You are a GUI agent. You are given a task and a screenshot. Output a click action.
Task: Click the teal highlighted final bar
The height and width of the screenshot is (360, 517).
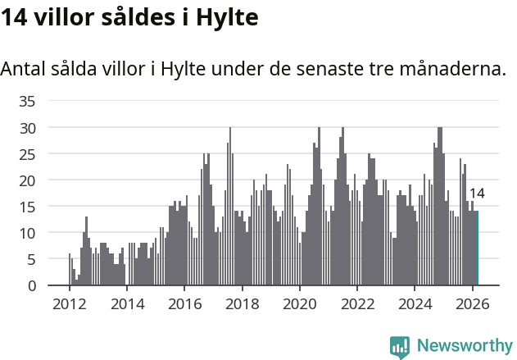[477, 248]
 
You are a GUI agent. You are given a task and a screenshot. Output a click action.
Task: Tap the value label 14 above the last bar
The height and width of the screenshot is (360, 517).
[477, 194]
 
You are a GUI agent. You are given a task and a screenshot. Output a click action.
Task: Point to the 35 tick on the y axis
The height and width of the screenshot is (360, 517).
[28, 102]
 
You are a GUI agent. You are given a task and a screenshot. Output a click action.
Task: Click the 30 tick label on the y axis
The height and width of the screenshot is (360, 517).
[28, 128]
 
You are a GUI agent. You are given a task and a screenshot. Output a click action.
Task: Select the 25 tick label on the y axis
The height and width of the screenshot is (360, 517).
[28, 154]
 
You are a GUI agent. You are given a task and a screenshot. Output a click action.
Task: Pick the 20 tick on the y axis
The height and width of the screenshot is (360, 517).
[28, 180]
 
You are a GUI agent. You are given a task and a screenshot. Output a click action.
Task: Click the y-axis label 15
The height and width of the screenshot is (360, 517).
[28, 207]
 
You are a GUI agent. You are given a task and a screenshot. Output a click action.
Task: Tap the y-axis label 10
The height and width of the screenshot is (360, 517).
[28, 233]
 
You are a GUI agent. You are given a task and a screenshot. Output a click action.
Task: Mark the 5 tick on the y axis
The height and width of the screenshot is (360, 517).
[31, 259]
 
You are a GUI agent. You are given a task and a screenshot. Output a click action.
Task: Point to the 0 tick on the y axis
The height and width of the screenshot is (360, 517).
[31, 285]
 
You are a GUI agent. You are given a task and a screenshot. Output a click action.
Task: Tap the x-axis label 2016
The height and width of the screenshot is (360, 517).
[184, 303]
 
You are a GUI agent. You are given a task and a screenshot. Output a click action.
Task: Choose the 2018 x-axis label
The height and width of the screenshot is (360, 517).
[242, 303]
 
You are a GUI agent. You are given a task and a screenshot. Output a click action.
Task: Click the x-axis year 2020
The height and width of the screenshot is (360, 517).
[299, 303]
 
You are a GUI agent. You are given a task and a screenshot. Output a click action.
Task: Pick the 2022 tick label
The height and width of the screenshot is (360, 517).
[357, 303]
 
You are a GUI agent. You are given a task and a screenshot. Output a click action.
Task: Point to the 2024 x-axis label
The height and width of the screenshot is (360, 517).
[415, 303]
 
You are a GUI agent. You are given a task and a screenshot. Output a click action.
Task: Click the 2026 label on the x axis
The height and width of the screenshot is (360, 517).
[472, 303]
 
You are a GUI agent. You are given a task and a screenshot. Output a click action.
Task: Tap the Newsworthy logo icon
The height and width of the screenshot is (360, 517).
[400, 346]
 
